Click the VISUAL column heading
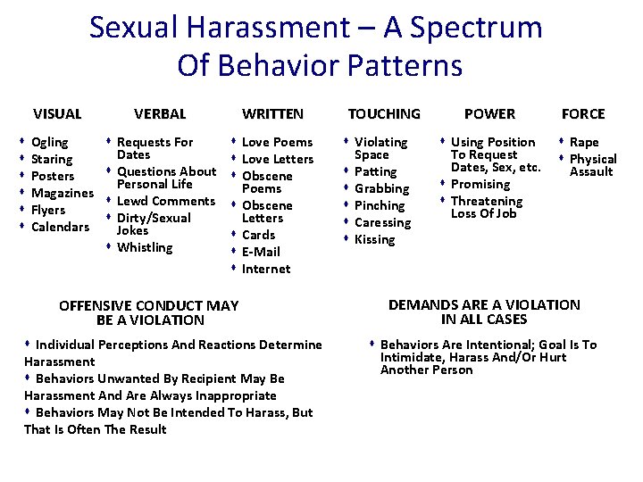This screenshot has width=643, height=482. click(57, 113)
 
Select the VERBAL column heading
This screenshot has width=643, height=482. click(160, 113)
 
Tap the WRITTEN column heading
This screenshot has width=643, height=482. click(272, 113)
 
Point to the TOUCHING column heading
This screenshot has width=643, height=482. click(384, 113)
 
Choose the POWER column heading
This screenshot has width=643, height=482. click(489, 113)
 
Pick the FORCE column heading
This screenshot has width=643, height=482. click(583, 113)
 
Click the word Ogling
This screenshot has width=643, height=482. click(49, 142)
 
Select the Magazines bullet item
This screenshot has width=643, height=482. click(62, 193)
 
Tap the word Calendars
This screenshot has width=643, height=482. click(60, 227)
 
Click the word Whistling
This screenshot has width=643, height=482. click(145, 247)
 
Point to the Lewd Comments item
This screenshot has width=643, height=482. click(166, 201)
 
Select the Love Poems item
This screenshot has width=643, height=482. click(277, 142)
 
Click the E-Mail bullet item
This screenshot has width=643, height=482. click(260, 252)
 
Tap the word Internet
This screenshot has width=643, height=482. click(266, 269)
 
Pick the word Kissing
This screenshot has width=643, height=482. click(375, 239)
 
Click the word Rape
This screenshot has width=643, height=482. click(584, 142)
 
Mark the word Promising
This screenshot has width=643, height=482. click(480, 184)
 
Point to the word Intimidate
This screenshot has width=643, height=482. click(412, 357)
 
